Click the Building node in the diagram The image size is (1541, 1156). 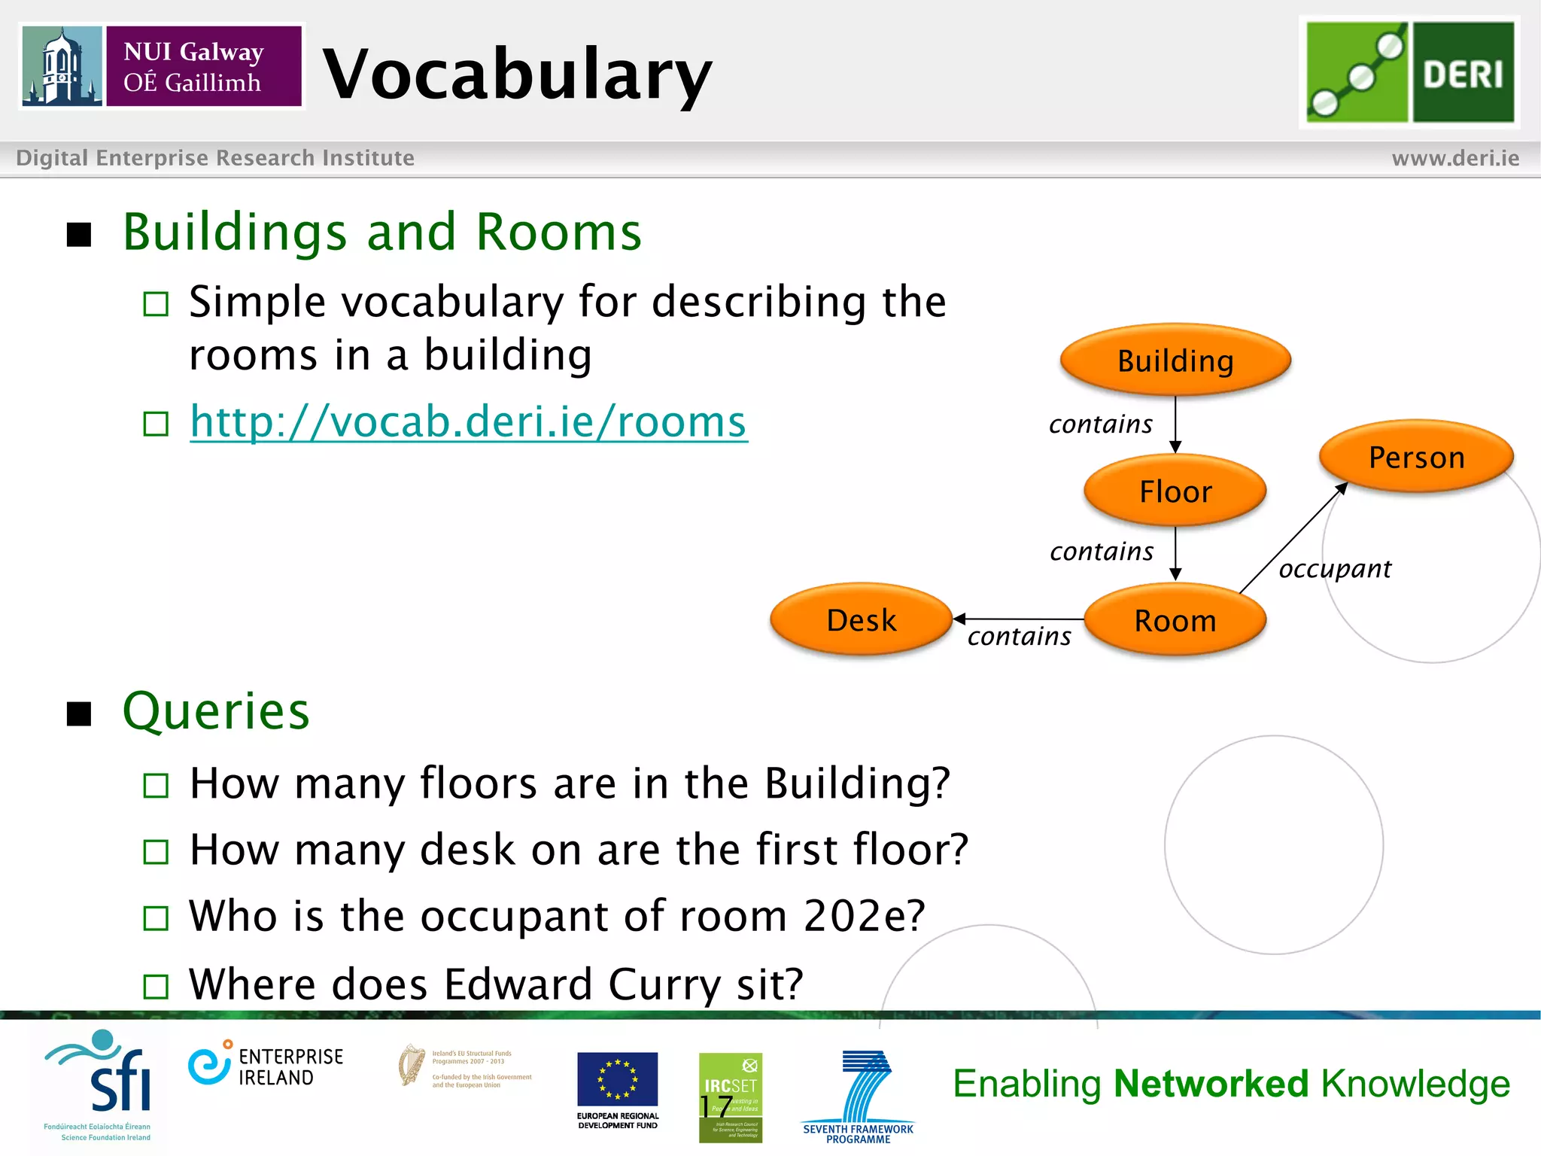click(x=1175, y=360)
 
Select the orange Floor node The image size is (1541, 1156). click(x=1175, y=491)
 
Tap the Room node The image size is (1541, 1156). click(x=1175, y=621)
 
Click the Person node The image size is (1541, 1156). click(x=1416, y=457)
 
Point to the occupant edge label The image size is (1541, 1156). click(x=1335, y=569)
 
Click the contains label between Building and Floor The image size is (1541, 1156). click(x=1101, y=424)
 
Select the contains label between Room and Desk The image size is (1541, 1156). click(x=1020, y=637)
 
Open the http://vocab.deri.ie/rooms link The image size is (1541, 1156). click(x=468, y=421)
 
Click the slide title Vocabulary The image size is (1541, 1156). click(x=517, y=73)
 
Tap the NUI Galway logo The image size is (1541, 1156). click(x=162, y=66)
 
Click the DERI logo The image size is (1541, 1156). click(x=1409, y=72)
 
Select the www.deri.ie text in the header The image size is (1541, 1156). click(x=1455, y=158)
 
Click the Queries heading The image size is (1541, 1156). click(x=216, y=710)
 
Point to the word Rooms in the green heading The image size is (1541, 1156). click(x=559, y=232)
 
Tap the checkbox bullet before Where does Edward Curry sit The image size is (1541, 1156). click(x=156, y=986)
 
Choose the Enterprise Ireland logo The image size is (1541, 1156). click(x=266, y=1066)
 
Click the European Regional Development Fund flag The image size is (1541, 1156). click(x=617, y=1079)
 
